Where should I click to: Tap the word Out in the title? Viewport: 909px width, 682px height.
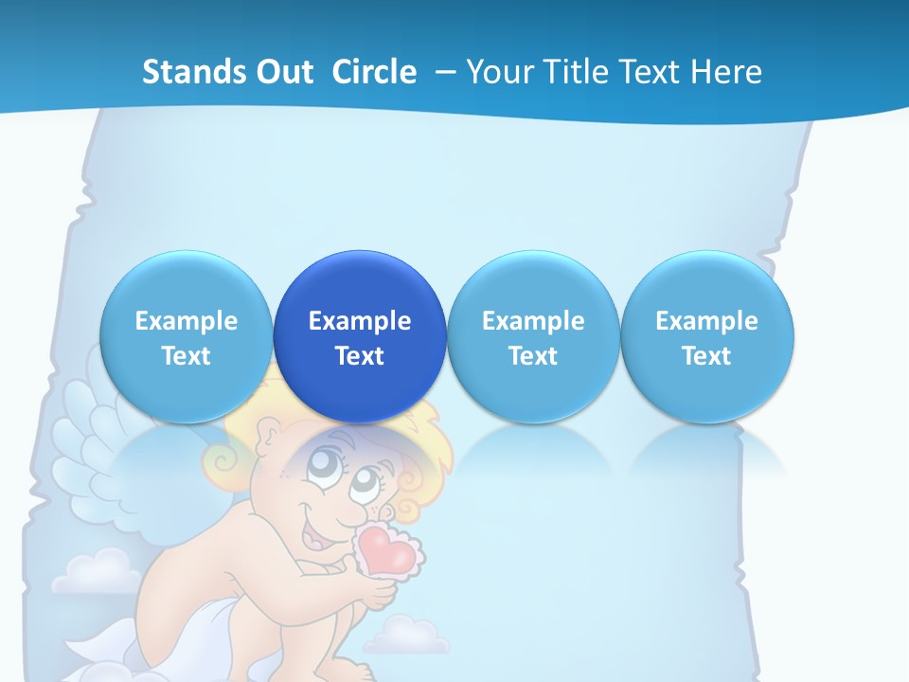pos(285,72)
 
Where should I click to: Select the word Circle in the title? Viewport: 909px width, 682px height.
pos(374,72)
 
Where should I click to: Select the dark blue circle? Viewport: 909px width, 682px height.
pos(360,336)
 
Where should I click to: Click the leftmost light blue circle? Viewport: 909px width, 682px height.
pos(186,336)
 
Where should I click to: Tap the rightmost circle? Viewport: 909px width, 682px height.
pos(706,336)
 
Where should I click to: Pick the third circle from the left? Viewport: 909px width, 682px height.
pos(533,336)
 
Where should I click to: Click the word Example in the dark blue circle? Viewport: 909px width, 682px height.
pos(360,321)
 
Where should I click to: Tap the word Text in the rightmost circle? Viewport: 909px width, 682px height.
pos(706,356)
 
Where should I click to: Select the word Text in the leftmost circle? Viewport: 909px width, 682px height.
pos(186,356)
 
